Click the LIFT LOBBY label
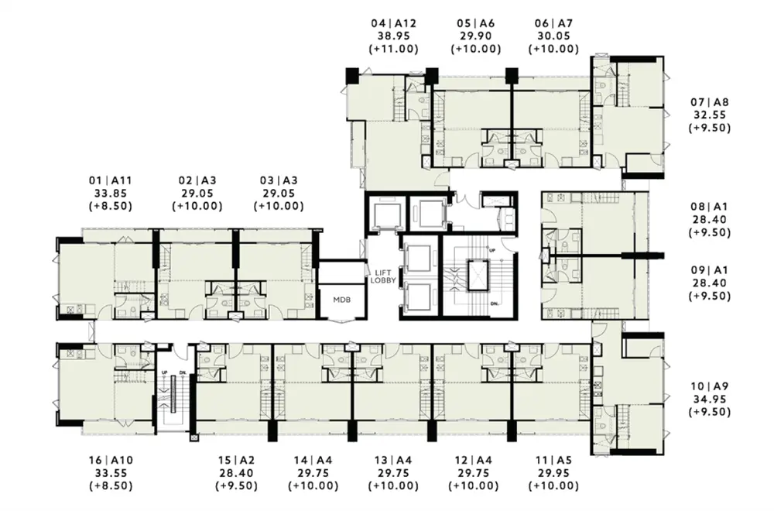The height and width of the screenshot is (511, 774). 383,276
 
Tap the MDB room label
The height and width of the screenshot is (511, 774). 341,300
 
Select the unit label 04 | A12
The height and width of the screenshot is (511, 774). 393,23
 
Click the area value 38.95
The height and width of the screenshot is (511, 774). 393,36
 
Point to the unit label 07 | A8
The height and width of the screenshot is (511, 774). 709,102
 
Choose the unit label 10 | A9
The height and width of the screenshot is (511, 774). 709,386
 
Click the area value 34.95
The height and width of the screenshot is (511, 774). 709,400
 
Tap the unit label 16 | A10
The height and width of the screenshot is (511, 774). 111,460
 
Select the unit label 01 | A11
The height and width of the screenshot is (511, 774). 111,180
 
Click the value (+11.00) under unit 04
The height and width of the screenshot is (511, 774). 393,49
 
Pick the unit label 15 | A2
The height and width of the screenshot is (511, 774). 236,460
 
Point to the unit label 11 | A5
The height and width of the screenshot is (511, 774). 553,460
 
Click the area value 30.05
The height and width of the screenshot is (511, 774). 553,36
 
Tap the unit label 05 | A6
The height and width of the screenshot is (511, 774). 475,23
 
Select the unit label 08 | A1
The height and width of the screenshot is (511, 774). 709,207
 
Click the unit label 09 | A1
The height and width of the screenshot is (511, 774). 709,270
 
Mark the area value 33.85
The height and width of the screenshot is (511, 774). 111,194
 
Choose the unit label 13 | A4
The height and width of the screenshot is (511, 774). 393,460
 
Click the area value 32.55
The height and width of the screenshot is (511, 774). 709,115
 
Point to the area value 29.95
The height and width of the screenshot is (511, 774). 553,473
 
